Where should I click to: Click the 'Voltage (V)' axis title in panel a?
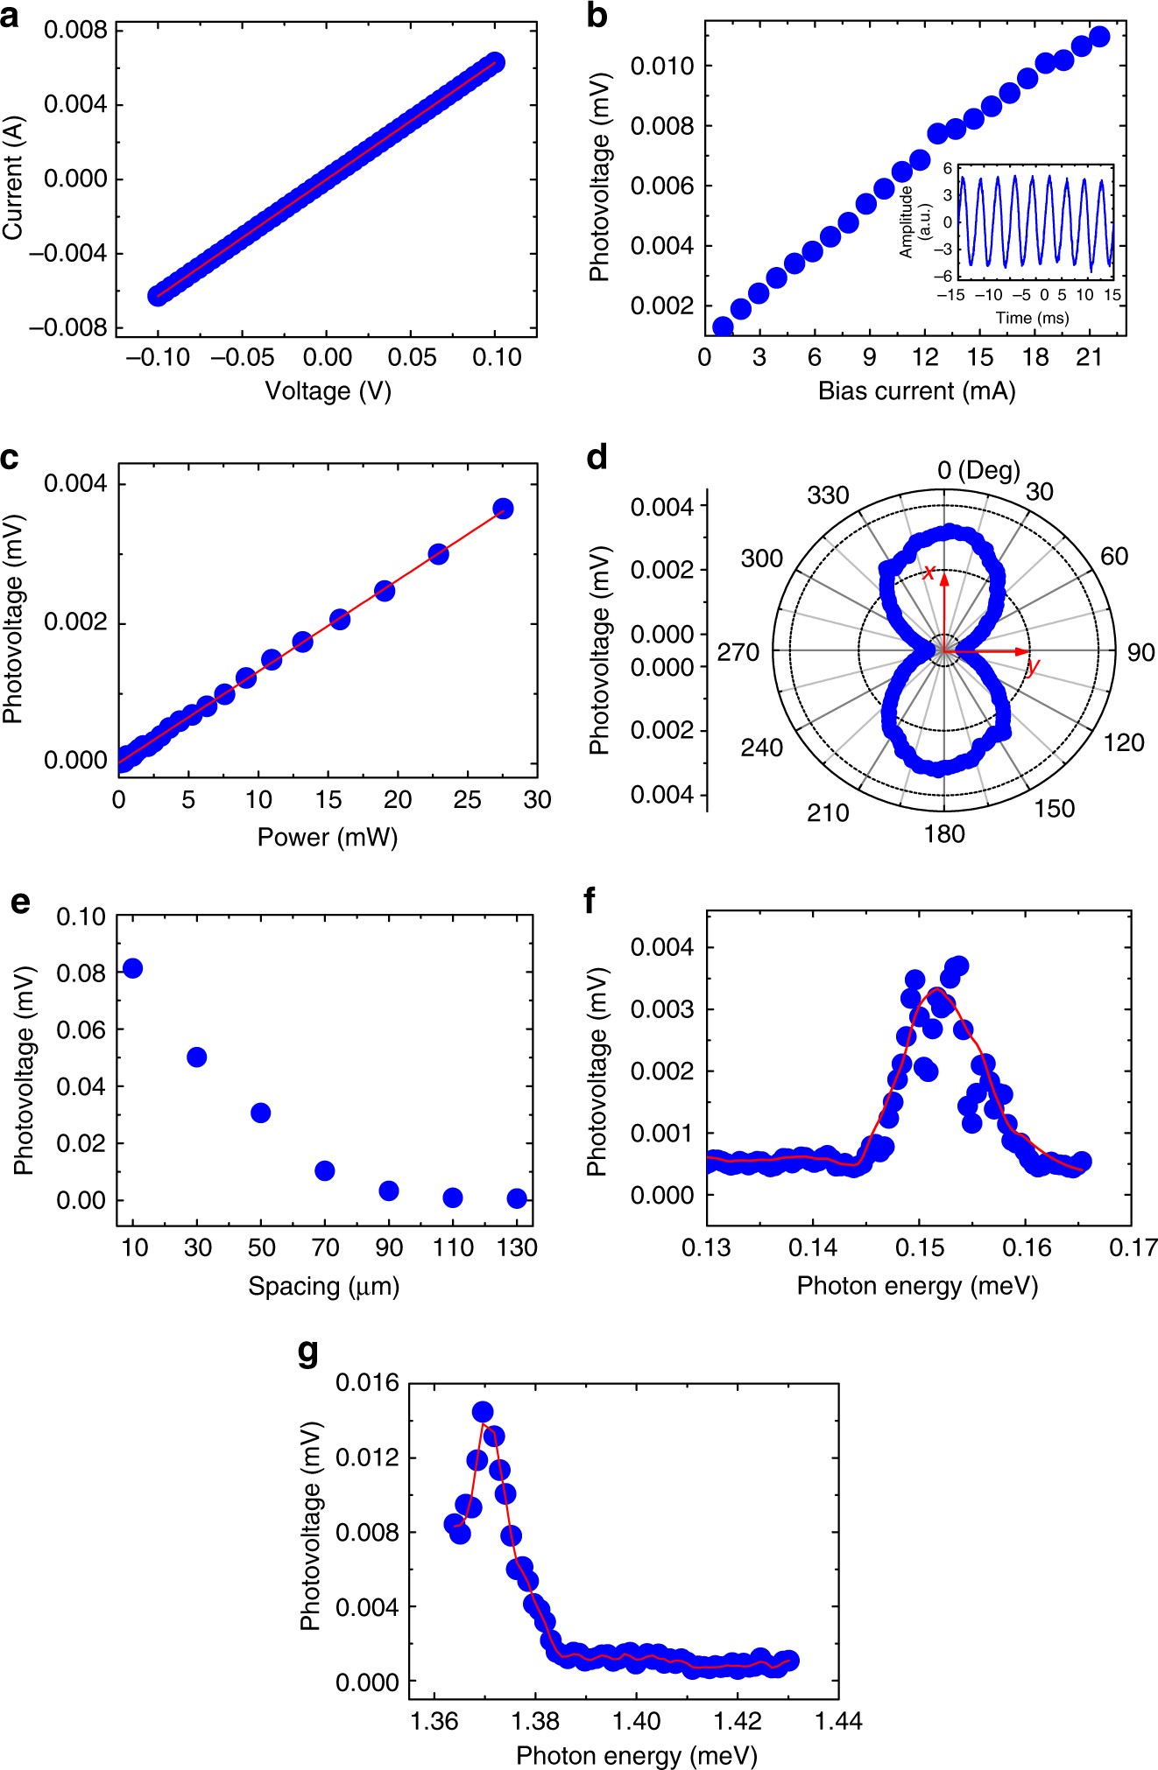point(328,390)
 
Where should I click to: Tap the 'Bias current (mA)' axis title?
point(916,390)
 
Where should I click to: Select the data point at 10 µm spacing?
point(133,968)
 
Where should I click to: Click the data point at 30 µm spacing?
point(197,1057)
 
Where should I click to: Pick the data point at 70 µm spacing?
point(325,1170)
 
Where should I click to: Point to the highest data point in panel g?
point(483,1411)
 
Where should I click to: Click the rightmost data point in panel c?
point(503,509)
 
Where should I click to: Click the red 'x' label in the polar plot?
point(929,572)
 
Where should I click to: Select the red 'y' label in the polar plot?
point(1034,668)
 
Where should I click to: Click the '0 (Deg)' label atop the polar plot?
point(978,470)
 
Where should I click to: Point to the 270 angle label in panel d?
point(738,652)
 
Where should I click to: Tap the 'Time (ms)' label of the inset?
point(1032,318)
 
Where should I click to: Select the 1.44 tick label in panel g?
point(838,1721)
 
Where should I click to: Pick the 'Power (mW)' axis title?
point(328,838)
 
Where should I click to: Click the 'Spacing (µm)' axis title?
point(323,1286)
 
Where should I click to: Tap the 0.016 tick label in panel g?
point(367,1382)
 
